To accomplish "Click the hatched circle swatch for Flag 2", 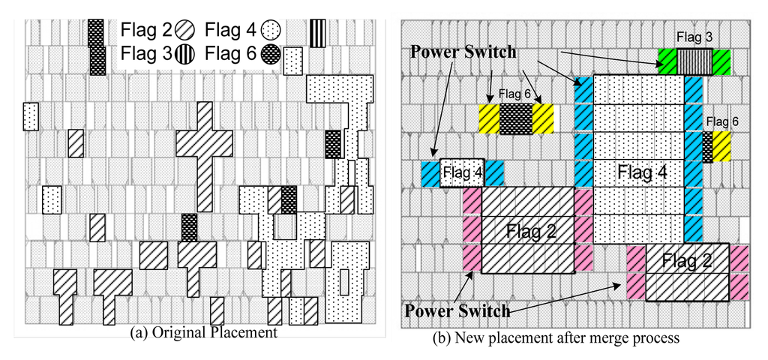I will [x=184, y=31].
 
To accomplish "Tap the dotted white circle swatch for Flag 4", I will [x=268, y=31].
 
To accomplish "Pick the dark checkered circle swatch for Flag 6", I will [x=268, y=53].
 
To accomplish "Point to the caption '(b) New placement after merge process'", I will [x=556, y=338].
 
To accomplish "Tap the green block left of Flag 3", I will [x=667, y=61].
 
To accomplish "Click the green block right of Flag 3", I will [x=721, y=61].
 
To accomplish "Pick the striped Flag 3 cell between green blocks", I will [x=694, y=61].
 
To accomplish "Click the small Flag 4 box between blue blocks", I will [x=461, y=173].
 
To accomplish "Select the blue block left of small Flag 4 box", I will [x=430, y=173].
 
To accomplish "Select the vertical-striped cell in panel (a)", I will [x=317, y=32].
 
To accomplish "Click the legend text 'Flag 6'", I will [x=229, y=53].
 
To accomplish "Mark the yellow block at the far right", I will [x=721, y=146].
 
